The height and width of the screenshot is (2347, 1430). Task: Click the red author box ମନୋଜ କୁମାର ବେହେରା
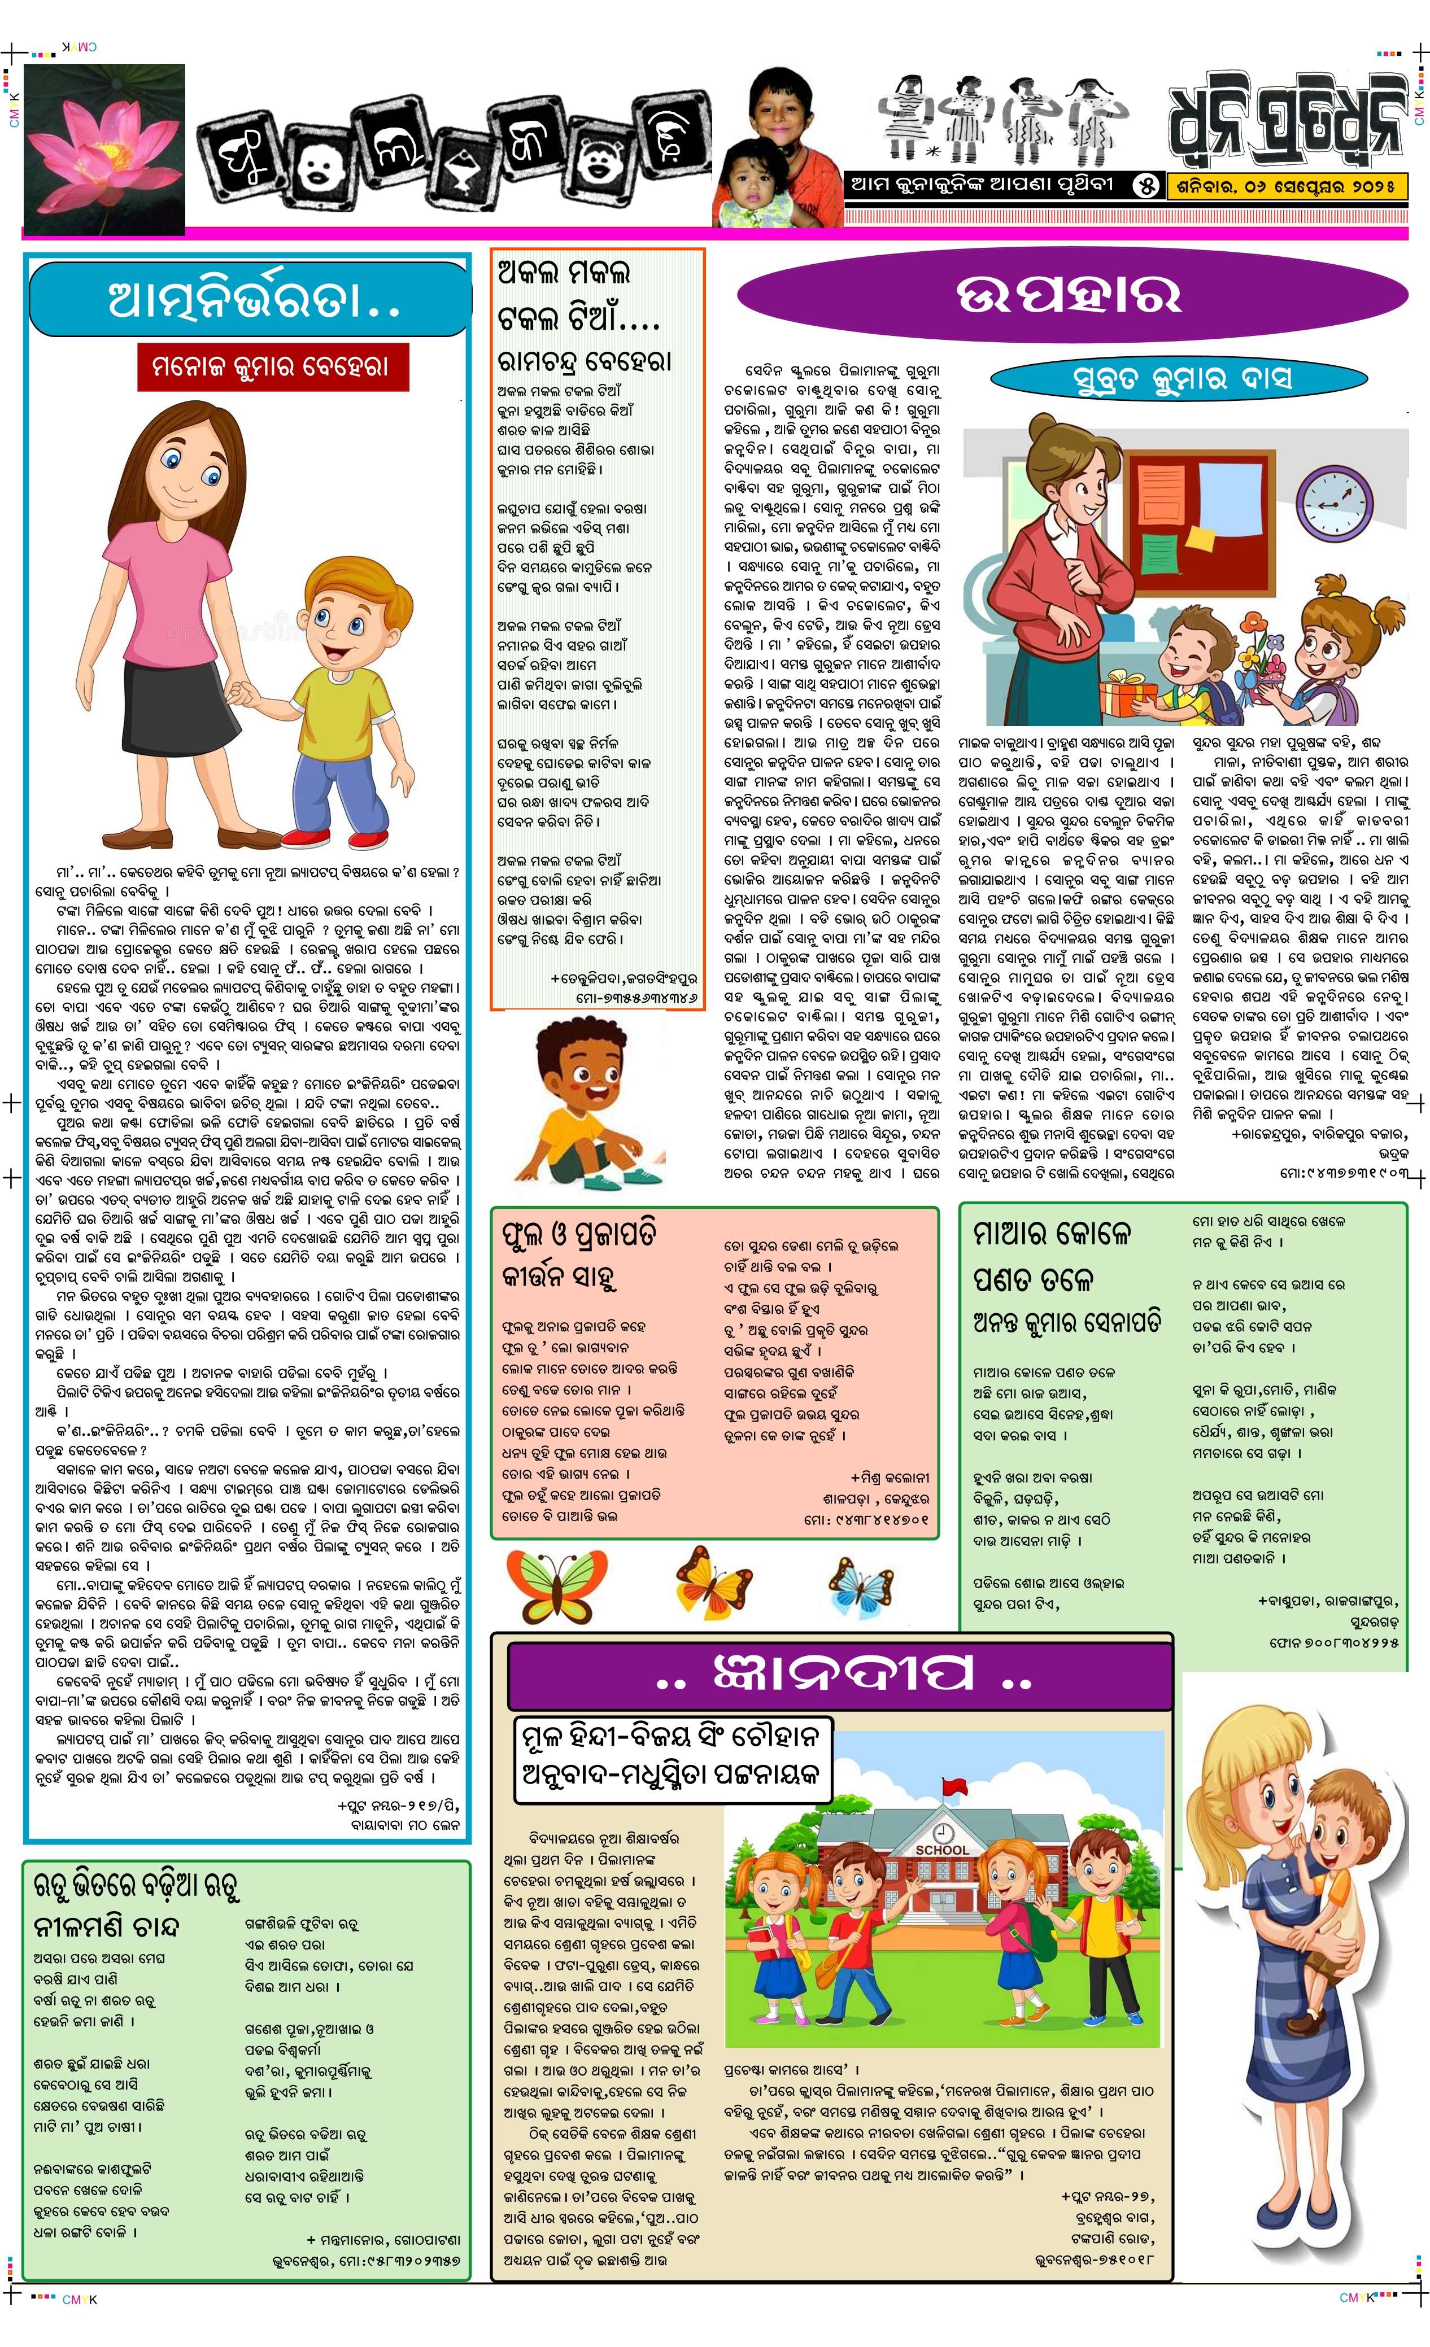click(272, 367)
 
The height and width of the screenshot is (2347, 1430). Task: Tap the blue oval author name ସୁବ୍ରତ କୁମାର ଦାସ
click(1182, 378)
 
